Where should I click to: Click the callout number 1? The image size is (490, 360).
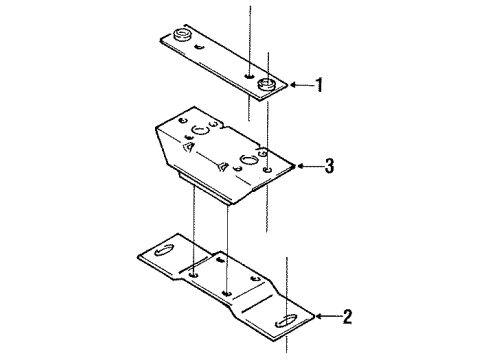[319, 86]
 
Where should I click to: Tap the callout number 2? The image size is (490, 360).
[346, 319]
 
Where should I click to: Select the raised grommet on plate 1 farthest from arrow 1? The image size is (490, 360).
[182, 38]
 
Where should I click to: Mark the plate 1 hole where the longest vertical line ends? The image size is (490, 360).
[248, 75]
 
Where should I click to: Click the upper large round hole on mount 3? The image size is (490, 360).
[199, 129]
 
